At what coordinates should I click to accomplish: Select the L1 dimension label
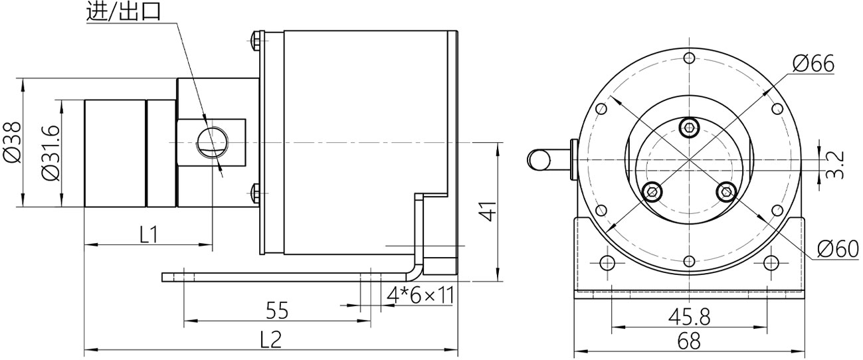pyautogui.click(x=148, y=234)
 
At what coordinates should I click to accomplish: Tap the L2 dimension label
pyautogui.click(x=270, y=339)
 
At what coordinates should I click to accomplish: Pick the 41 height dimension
pyautogui.click(x=488, y=213)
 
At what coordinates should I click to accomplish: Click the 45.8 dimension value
pyautogui.click(x=688, y=316)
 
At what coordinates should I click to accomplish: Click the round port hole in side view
pyautogui.click(x=212, y=141)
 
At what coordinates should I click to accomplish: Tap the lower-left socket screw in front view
pyautogui.click(x=653, y=192)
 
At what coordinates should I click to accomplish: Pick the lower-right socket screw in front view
pyautogui.click(x=726, y=192)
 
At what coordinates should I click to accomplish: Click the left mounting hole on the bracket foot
pyautogui.click(x=607, y=262)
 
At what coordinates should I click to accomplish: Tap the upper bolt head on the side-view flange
pyautogui.click(x=256, y=44)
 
